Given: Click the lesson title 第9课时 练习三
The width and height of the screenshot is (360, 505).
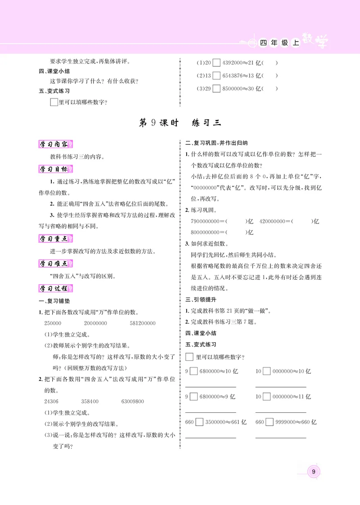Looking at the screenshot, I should pos(180,123).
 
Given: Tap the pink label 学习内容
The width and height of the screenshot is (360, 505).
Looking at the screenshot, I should pos(56,144).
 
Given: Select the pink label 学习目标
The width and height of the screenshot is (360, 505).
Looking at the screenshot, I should pos(56,169).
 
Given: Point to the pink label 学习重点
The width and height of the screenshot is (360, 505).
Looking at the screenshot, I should pos(56,238).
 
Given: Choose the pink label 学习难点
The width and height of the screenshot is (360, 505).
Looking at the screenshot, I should pos(56,263).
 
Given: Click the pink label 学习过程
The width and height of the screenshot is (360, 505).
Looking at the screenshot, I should pos(56,288).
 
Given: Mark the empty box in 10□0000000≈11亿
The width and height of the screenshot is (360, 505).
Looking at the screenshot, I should pos(266,397).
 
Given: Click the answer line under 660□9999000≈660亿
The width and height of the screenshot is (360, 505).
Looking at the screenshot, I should pos(281,436).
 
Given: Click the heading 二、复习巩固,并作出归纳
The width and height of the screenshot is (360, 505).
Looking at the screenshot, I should pos(216,143).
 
